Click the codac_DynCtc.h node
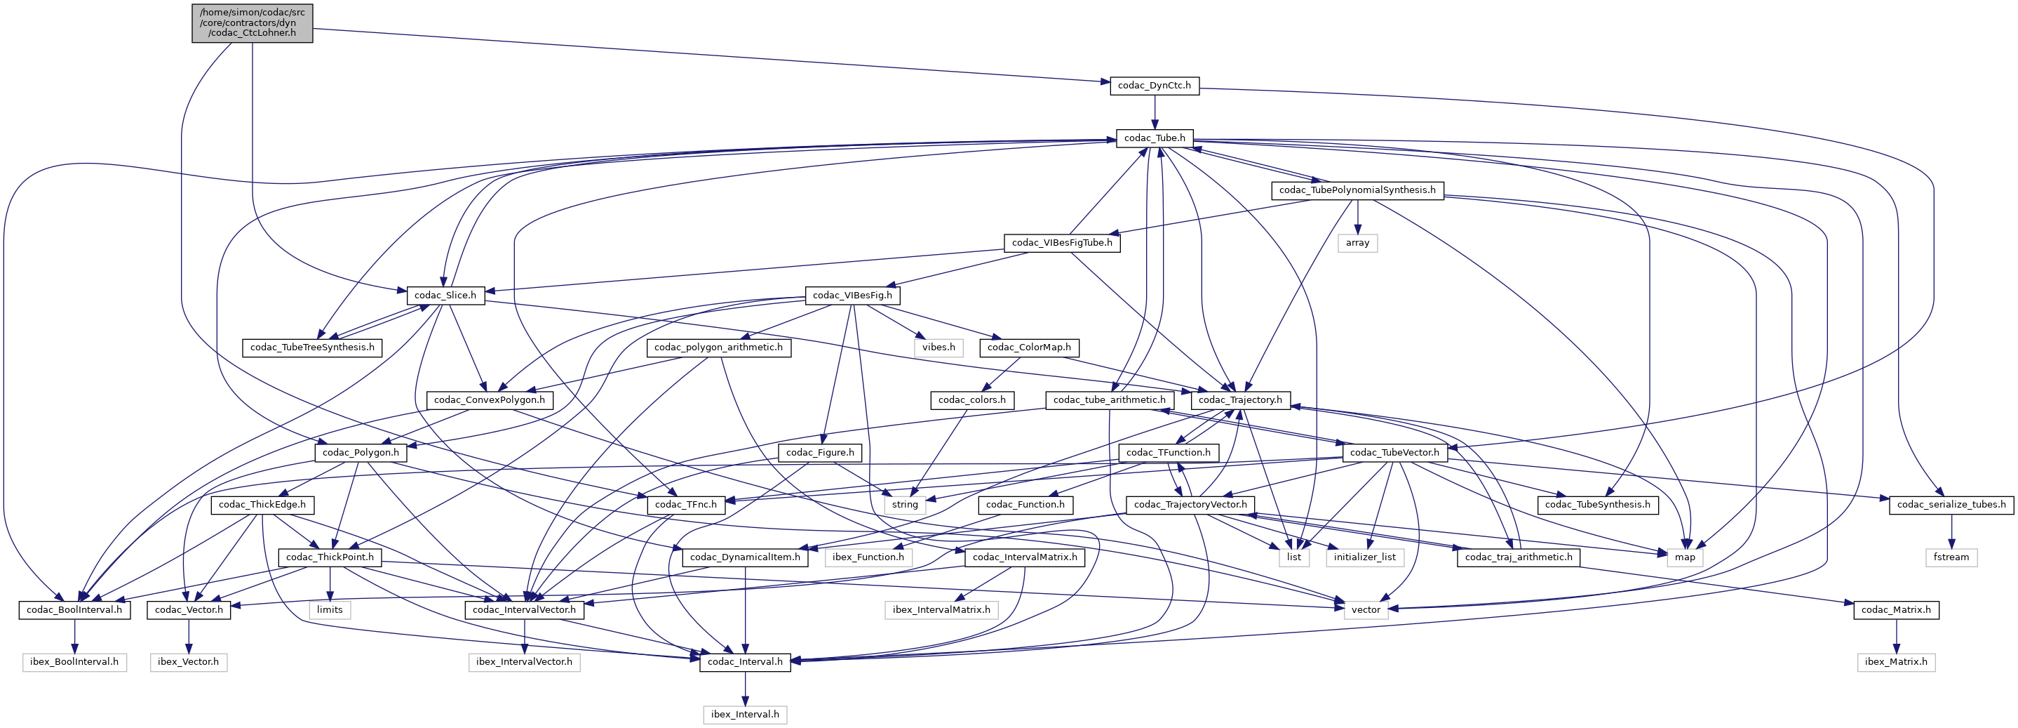click(1154, 86)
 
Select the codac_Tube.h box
click(1154, 138)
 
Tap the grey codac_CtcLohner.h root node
click(253, 22)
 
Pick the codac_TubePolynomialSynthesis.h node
click(1357, 190)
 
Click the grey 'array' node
click(1357, 243)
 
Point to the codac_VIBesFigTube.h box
click(1061, 243)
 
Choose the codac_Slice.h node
click(445, 296)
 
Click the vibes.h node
click(938, 348)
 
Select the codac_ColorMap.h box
click(1028, 348)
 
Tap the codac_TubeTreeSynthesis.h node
click(312, 348)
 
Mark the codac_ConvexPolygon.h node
click(489, 399)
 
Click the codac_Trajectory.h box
click(1240, 399)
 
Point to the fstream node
click(1951, 557)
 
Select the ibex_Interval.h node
click(744, 715)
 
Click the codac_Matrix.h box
click(1896, 609)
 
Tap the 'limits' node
click(330, 609)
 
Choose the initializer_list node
click(1364, 557)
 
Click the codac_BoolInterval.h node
click(74, 609)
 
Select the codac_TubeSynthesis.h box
click(1597, 505)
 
